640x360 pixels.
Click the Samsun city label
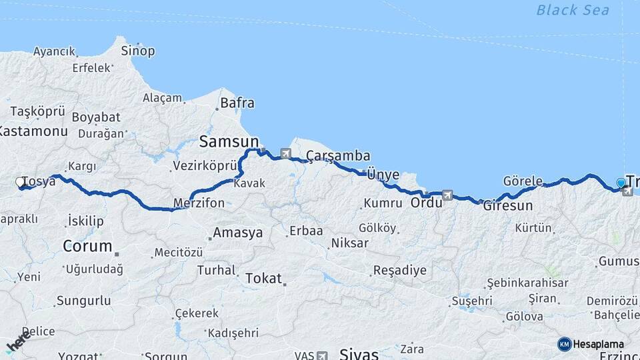point(229,141)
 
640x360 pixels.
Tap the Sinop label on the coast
point(137,51)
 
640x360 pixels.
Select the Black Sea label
point(573,10)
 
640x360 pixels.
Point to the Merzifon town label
point(199,203)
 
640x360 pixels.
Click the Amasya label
point(237,233)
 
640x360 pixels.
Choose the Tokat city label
point(264,278)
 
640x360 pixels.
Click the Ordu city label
point(426,202)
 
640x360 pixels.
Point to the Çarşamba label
point(338,156)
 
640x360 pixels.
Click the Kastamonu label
point(33,131)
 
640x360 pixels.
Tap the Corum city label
point(87,246)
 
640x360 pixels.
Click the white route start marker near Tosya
point(20,181)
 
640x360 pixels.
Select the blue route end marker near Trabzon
point(621,183)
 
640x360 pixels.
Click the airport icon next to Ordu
point(447,195)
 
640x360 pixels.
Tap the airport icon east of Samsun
point(286,154)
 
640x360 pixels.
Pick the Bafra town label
point(237,103)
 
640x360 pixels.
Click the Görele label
point(523,181)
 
